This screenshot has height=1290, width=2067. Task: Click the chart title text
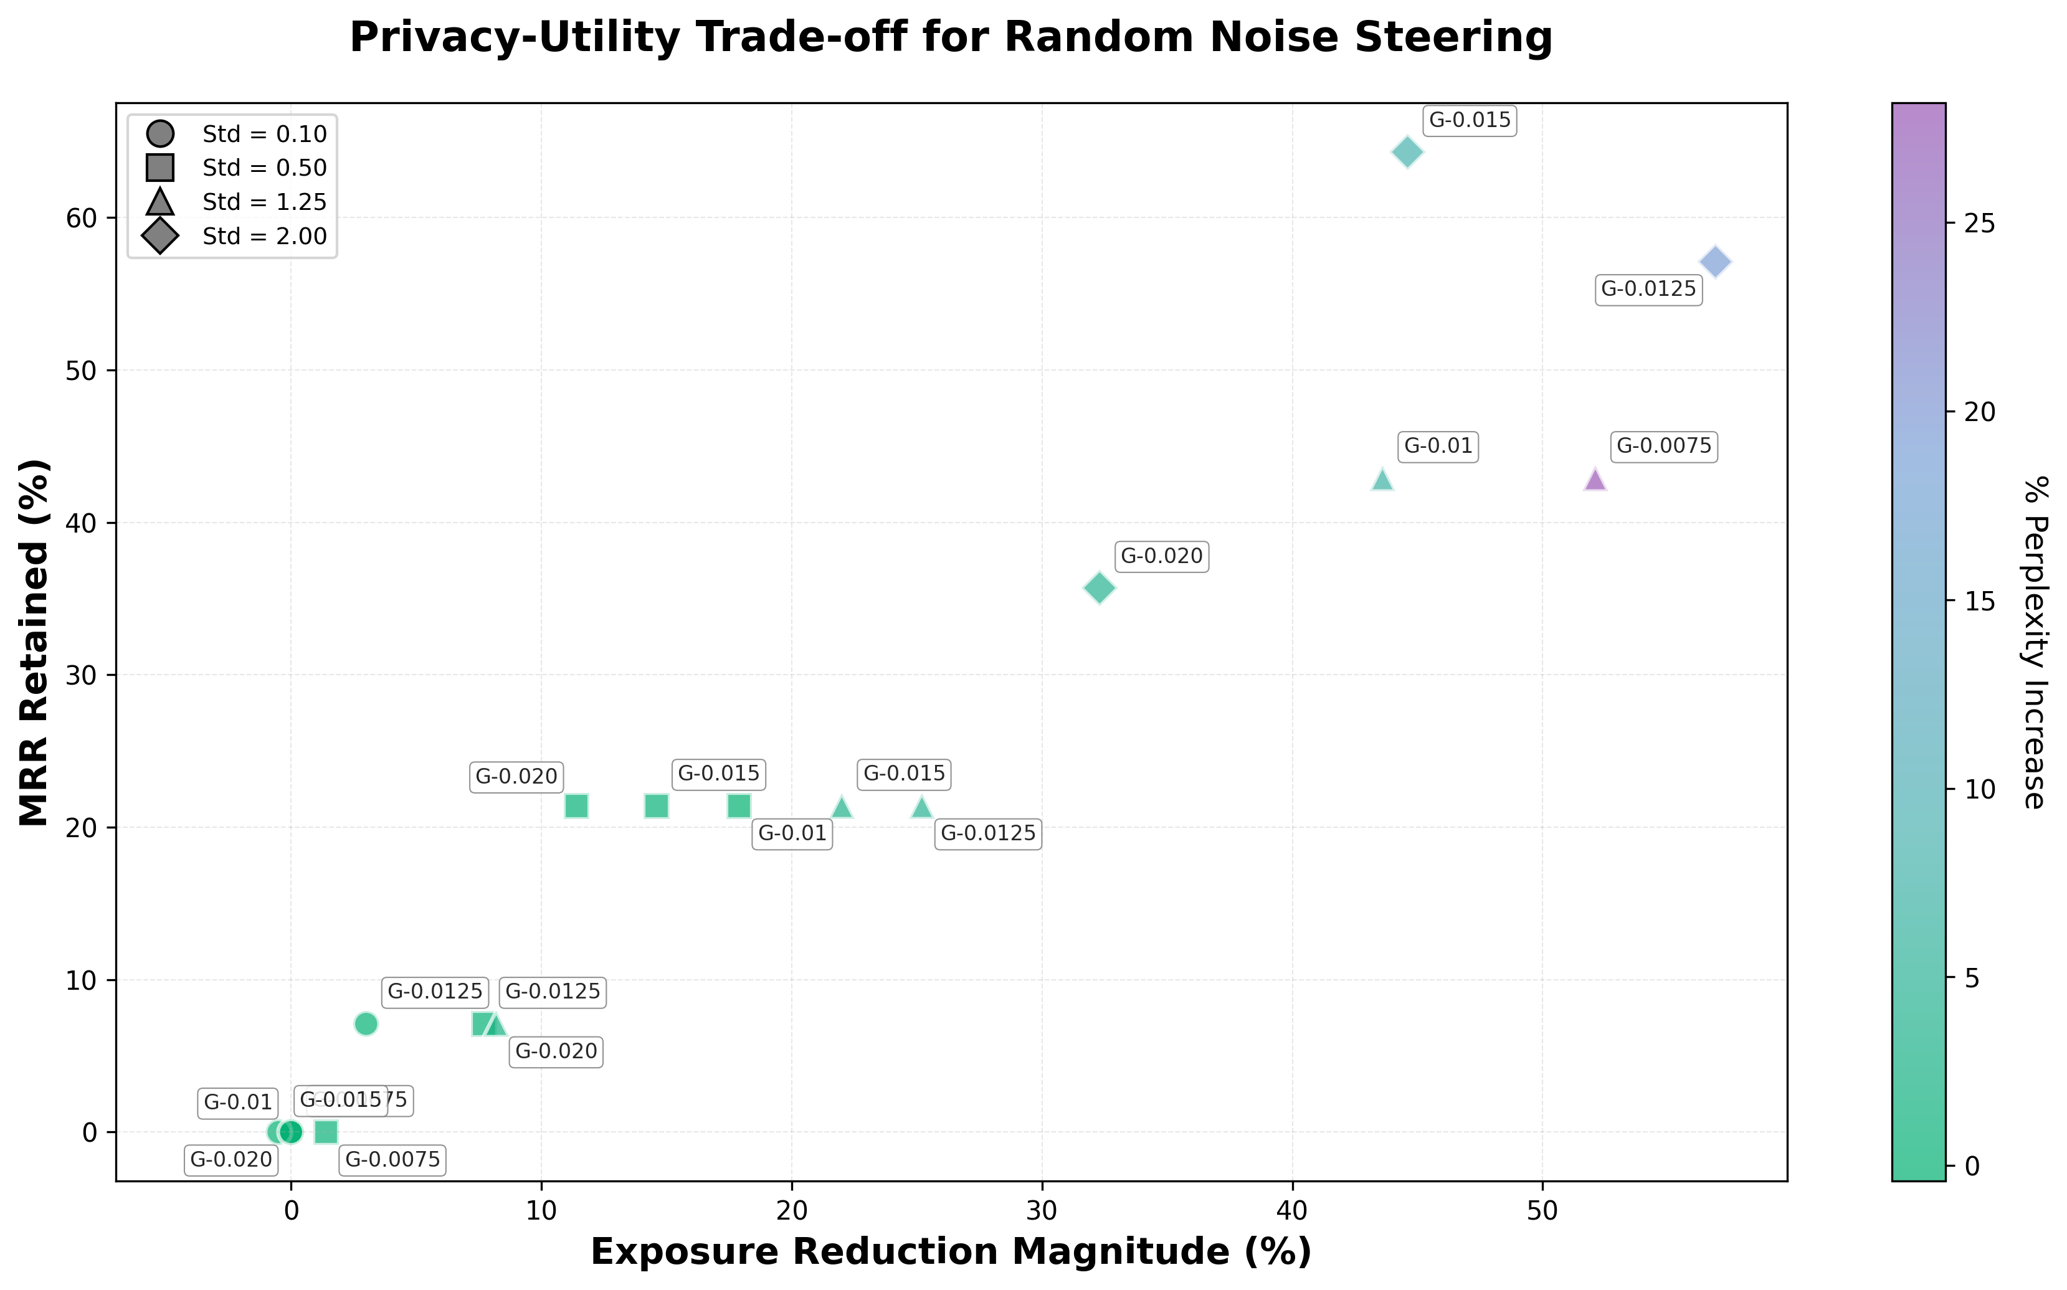click(950, 39)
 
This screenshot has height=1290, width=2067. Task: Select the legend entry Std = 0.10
click(265, 134)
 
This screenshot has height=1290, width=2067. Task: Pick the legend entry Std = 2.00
click(265, 236)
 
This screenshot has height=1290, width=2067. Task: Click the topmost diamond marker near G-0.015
click(1407, 153)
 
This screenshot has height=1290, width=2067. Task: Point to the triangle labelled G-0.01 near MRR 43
click(1383, 480)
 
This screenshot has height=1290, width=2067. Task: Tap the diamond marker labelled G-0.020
click(1100, 588)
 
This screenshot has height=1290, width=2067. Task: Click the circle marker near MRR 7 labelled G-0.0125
click(366, 1023)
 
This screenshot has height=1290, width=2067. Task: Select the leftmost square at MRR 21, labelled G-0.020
click(577, 805)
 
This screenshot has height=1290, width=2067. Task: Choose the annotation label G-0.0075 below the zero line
click(392, 1159)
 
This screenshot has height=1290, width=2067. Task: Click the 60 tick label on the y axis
click(82, 219)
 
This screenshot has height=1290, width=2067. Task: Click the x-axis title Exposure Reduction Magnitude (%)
click(950, 1251)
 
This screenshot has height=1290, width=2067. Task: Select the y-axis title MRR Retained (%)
click(36, 642)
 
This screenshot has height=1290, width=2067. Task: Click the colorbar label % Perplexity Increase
click(2035, 642)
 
